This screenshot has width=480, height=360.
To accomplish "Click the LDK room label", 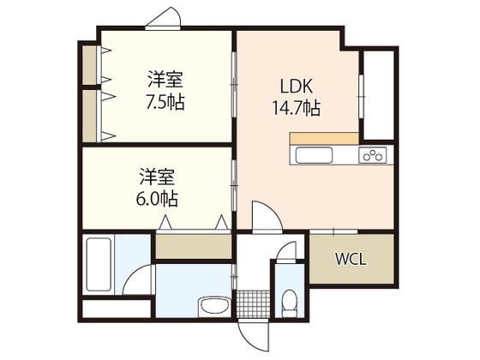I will [295, 87].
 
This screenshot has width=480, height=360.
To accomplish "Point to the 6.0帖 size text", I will [159, 199].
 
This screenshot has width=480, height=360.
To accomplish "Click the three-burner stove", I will [374, 155].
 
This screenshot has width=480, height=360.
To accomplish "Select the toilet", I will [289, 302].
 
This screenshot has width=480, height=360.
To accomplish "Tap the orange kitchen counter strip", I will [324, 138].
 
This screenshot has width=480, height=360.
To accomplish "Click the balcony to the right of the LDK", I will [378, 94].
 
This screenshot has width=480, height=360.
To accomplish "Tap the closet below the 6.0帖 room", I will [192, 246].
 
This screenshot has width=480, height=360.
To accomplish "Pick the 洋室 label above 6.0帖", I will [159, 179].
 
